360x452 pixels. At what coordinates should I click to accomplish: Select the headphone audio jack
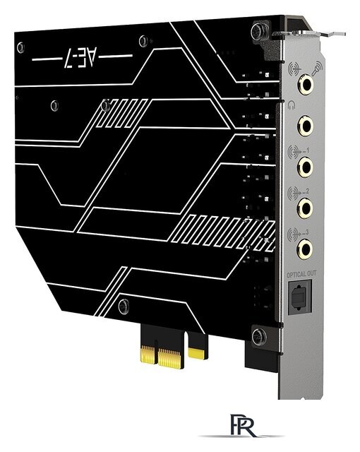(306, 126)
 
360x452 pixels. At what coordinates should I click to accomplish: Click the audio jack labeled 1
(306, 167)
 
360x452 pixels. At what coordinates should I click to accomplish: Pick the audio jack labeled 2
(306, 208)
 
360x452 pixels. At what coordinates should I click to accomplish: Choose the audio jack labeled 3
(306, 248)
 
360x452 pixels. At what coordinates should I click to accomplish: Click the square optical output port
(302, 295)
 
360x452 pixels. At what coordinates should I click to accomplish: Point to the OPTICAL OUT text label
(302, 273)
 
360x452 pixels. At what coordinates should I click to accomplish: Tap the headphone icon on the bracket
(292, 106)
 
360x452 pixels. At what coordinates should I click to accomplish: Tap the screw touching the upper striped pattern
(106, 106)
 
